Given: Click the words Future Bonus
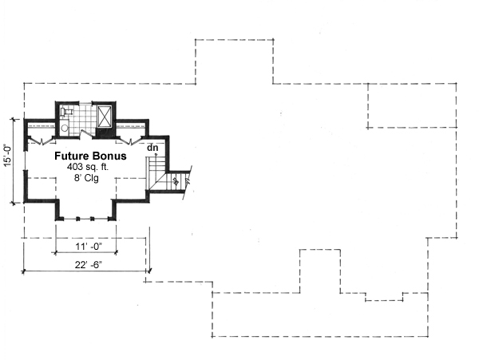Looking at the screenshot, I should [89, 157].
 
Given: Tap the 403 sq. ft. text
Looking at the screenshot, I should [89, 168].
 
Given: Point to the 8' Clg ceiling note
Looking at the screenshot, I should [89, 180].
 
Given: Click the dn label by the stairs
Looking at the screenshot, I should [152, 147].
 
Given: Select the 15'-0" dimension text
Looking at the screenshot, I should [8, 155].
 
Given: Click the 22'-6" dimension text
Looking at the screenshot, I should [85, 265].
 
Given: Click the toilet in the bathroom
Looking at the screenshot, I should [64, 128].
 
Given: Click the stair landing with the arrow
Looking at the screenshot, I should [175, 181].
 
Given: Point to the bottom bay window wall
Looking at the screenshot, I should [86, 218].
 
